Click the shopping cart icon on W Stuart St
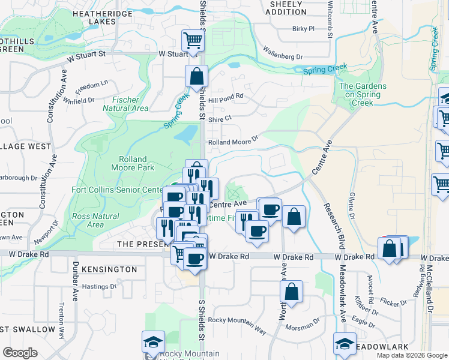[193, 41]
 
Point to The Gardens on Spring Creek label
[363, 95]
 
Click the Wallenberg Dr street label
[283, 56]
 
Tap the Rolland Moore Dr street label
[233, 142]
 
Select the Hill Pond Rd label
[226, 95]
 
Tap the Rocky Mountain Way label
[237, 322]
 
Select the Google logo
[20, 353]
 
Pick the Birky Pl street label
[303, 28]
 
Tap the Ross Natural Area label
[87, 220]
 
